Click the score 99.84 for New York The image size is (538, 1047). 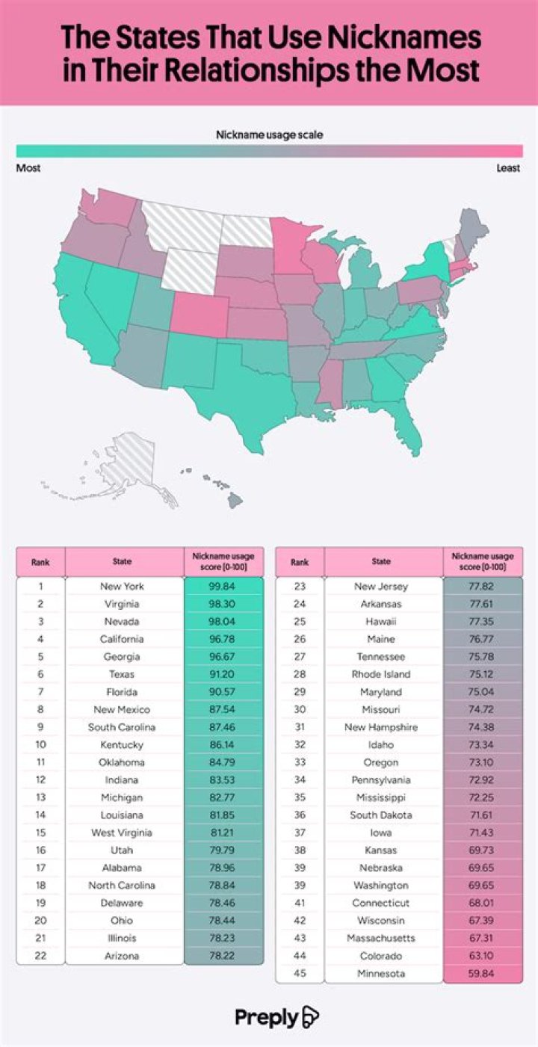coord(223,586)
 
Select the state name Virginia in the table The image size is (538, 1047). coord(122,604)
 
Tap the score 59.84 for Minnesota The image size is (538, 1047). coord(483,973)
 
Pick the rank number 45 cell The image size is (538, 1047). coord(300,973)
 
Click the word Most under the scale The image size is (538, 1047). coord(28,168)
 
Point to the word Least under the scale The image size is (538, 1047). coord(508,168)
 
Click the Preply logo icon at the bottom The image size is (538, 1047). coord(309,1017)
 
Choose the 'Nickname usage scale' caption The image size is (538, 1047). coord(269,135)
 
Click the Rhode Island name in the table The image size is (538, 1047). coord(381,674)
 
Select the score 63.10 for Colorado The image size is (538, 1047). coord(483,956)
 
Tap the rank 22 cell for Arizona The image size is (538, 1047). coord(40,956)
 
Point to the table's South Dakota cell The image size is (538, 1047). coord(381,815)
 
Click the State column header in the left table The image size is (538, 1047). coord(122,562)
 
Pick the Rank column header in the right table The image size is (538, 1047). coord(300,562)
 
